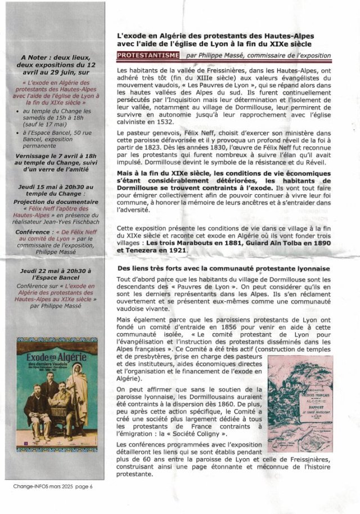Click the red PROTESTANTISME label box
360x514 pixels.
(147, 55)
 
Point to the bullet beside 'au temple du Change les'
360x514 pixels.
(19, 113)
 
